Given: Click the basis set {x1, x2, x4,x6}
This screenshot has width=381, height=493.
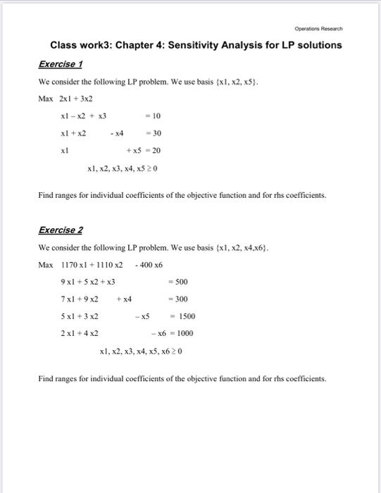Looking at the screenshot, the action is coord(235,249).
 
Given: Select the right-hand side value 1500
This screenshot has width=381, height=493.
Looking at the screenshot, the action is coord(186,316).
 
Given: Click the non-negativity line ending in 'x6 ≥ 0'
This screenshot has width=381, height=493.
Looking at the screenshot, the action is coord(141,350).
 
